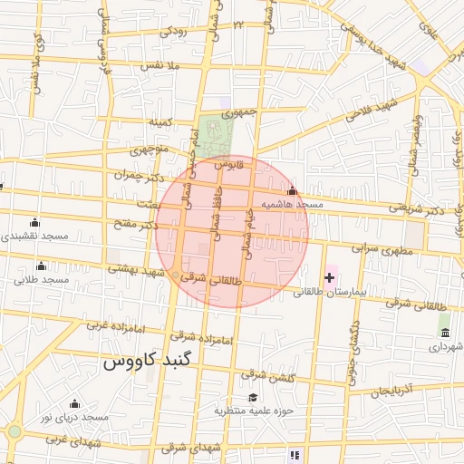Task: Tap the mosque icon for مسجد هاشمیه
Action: (x=291, y=191)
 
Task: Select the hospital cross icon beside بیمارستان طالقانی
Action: (x=328, y=276)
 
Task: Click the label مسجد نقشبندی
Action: (x=34, y=236)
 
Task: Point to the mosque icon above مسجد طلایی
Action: (x=41, y=266)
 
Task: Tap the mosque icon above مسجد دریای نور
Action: (x=74, y=403)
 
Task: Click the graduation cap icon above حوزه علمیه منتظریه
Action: (x=253, y=397)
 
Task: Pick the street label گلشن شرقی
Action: (x=266, y=374)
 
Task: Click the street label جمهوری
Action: (x=240, y=112)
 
